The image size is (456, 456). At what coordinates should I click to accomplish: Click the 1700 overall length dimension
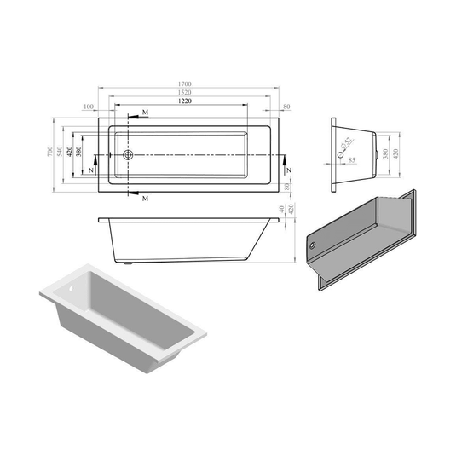185,84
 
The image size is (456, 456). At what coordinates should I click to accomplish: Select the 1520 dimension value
185,92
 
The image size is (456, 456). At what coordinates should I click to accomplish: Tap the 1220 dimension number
185,101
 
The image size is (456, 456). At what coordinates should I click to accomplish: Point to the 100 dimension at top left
89,107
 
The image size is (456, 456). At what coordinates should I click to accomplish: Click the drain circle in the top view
129,155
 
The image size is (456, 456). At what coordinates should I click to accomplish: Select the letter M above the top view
146,113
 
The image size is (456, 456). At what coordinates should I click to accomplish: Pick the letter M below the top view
146,198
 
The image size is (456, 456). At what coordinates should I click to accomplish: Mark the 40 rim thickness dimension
281,211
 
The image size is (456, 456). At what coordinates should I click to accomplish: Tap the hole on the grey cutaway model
315,245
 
